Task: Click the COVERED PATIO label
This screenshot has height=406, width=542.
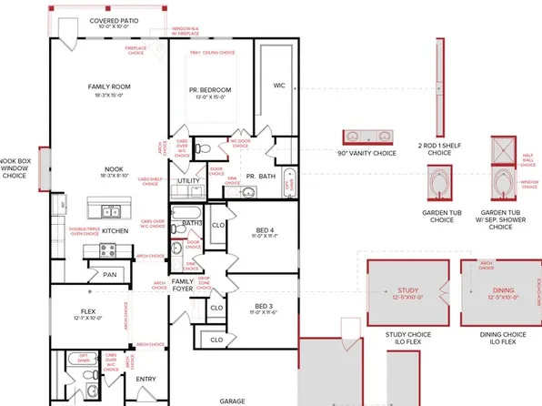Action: tap(115, 21)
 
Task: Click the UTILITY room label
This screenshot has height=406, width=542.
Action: tap(188, 180)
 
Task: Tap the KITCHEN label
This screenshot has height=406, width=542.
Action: tap(115, 231)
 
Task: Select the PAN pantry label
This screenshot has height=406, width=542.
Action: tap(109, 274)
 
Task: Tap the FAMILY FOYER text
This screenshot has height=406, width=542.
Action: tap(182, 286)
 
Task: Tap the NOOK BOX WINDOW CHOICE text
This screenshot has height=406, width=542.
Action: tap(18, 169)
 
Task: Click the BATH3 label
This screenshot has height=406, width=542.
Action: tap(191, 222)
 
